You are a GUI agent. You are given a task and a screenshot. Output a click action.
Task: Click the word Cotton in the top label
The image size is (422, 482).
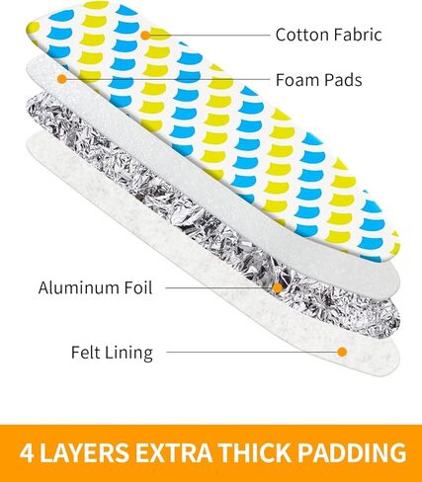(301, 35)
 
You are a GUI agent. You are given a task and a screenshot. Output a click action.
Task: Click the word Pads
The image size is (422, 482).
(342, 80)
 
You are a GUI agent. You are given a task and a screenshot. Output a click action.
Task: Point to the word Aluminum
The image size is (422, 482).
(78, 287)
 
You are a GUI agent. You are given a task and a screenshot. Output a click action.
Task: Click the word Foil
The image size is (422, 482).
(138, 287)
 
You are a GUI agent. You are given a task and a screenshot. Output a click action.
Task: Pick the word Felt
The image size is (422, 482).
(85, 353)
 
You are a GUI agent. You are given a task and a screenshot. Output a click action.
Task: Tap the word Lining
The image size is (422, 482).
(128, 354)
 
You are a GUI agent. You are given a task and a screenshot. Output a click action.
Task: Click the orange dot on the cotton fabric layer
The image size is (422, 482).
(145, 35)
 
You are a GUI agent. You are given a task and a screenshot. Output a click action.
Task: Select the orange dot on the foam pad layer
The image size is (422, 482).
(62, 79)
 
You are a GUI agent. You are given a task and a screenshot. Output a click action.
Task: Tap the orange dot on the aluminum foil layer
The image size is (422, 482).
(278, 288)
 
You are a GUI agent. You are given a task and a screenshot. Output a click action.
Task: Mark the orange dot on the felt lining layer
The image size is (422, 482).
(342, 352)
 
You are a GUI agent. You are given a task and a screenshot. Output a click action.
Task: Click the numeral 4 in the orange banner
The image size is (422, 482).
(27, 452)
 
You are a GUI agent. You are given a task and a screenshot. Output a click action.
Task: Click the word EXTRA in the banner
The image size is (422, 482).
(174, 452)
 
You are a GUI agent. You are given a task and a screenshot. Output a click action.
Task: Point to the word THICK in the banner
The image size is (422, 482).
(255, 452)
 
